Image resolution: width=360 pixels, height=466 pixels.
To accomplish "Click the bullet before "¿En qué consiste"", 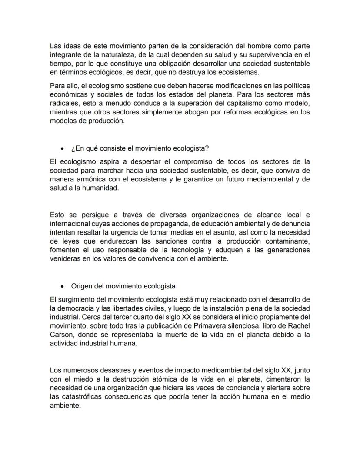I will click(x=63, y=149).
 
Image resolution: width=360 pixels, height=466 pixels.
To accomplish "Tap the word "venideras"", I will click(x=65, y=259).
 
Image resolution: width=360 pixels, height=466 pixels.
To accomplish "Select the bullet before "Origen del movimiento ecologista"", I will click(x=63, y=287).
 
